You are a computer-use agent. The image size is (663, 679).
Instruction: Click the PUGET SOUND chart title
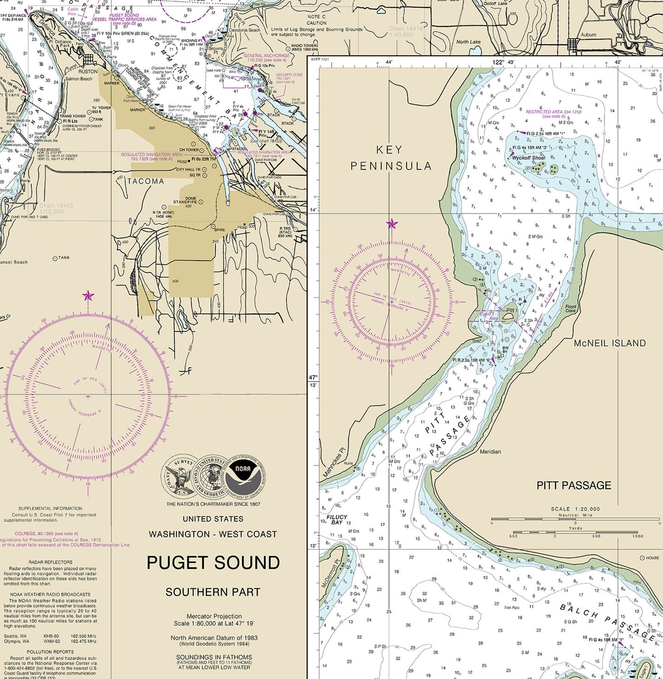[213, 563]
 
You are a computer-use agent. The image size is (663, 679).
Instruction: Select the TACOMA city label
[146, 182]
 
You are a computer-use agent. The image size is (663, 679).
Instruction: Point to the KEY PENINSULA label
[391, 158]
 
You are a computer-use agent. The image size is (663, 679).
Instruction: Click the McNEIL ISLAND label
[610, 343]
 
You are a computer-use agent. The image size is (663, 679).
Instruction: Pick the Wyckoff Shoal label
[529, 158]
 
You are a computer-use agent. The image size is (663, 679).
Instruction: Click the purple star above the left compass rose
[88, 296]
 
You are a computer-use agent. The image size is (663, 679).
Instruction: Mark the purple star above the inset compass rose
[392, 224]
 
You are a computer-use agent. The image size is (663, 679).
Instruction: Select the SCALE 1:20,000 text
[575, 509]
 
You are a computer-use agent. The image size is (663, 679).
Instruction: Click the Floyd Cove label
[570, 308]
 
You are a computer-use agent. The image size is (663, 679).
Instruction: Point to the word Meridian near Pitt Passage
[490, 452]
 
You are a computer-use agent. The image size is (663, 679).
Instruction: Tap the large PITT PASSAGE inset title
[574, 485]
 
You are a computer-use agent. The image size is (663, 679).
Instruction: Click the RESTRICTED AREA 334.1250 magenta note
[553, 112]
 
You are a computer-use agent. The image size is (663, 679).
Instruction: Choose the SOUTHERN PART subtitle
[213, 592]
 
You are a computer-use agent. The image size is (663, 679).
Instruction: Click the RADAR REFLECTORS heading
[51, 562]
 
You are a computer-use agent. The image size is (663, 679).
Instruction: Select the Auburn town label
[588, 35]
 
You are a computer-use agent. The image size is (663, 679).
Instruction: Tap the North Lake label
[468, 42]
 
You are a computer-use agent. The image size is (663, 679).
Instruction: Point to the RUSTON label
[88, 71]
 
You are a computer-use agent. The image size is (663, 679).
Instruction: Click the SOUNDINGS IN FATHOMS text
[214, 657]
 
